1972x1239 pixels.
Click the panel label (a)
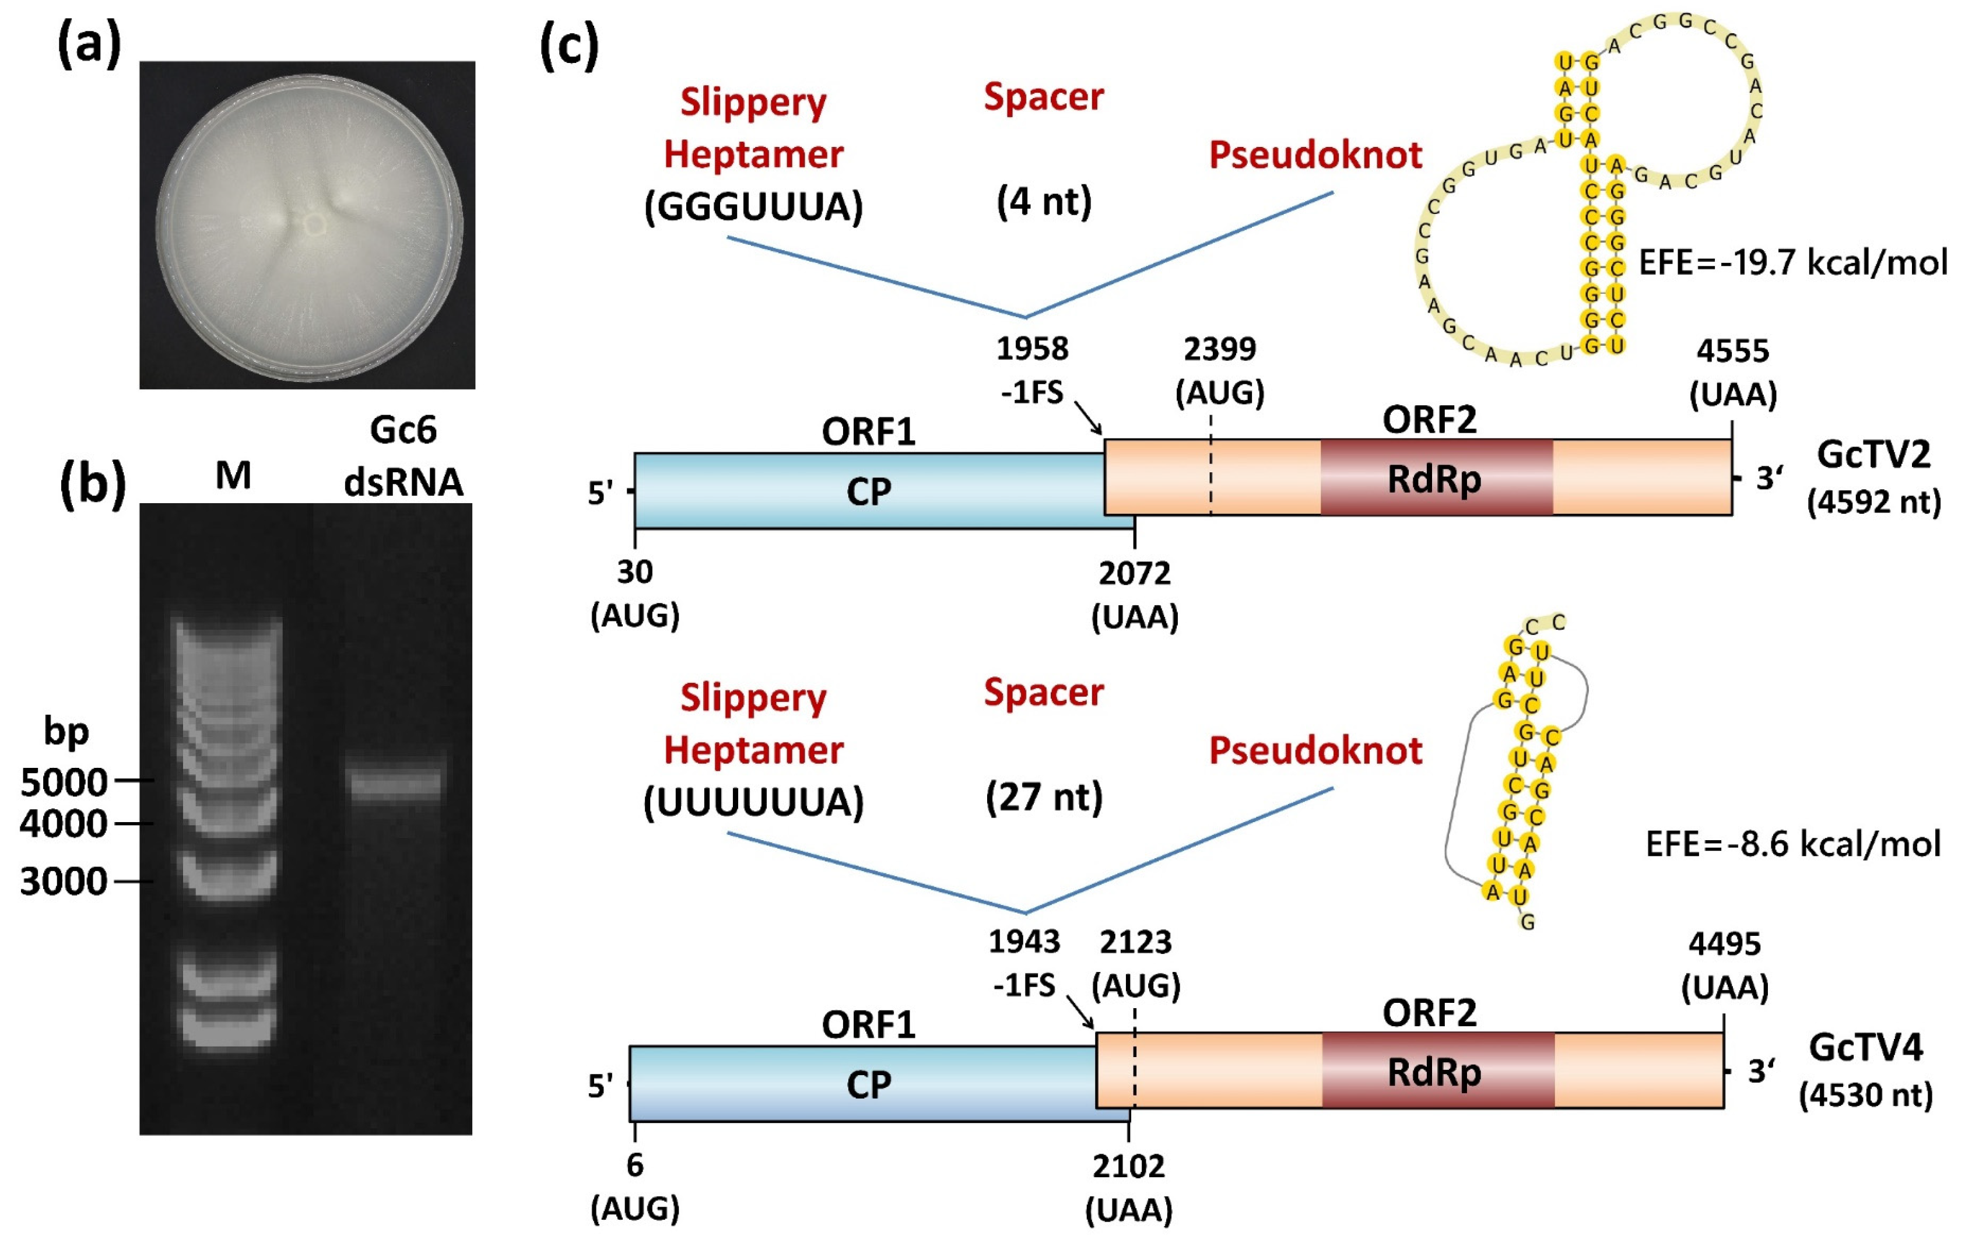coord(89,45)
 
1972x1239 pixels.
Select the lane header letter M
coord(233,475)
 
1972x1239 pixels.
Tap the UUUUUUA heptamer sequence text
coord(753,802)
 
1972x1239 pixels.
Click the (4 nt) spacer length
coord(1044,201)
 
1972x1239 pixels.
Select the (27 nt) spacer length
coord(1044,797)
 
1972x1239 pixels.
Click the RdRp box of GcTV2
coord(1436,478)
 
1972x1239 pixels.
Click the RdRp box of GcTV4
coord(1437,1070)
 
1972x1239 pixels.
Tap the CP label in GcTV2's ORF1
coord(868,492)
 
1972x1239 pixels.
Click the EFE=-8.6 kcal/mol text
coord(1792,844)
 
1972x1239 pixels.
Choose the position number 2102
coord(1128,1166)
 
